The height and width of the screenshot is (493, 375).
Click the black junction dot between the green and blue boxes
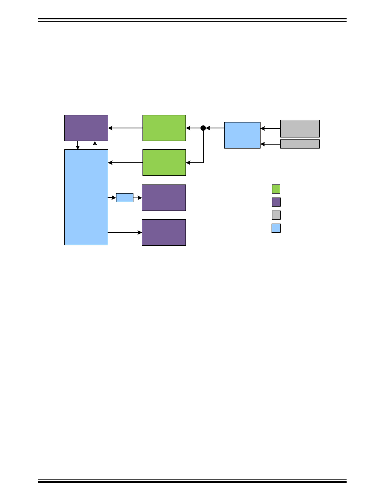click(203, 128)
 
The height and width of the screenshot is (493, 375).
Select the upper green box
click(164, 128)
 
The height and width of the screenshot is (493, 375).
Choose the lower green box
click(164, 162)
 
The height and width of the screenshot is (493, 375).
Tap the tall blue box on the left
click(86, 197)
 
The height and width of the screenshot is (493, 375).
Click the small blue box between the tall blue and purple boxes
click(125, 198)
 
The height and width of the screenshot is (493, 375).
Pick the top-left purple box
click(86, 128)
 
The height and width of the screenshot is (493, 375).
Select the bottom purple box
click(164, 232)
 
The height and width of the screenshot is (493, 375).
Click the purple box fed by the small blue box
click(164, 198)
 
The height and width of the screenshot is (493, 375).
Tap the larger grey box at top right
click(300, 128)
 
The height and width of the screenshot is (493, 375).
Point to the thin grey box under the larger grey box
click(300, 144)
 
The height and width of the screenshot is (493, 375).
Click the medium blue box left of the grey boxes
click(242, 135)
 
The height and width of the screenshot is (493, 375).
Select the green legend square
click(276, 189)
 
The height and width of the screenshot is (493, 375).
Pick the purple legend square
click(276, 202)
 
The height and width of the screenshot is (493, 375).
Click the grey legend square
click(276, 215)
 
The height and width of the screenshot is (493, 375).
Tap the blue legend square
click(276, 228)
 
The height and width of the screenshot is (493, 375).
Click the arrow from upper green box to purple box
click(125, 128)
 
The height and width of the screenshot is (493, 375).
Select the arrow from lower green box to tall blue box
click(125, 162)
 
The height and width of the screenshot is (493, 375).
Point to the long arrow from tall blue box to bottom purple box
click(125, 233)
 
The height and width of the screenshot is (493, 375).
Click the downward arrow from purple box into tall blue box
click(78, 145)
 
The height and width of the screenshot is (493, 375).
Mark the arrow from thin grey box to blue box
click(270, 144)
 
